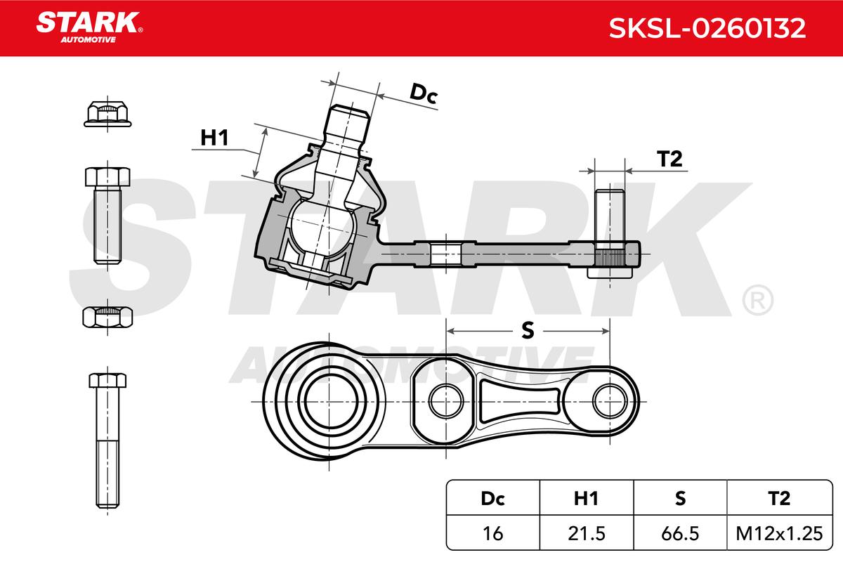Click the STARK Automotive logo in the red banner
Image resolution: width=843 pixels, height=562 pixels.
(89, 27)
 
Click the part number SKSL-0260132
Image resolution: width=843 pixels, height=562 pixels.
(707, 28)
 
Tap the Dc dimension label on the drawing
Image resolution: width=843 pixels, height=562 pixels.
(424, 93)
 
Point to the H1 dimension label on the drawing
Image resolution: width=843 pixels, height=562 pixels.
(214, 138)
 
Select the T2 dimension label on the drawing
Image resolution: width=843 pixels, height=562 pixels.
(669, 159)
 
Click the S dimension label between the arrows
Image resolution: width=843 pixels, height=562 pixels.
(528, 330)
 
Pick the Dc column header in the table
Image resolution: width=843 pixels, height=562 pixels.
(492, 498)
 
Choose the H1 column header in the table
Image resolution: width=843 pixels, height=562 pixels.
(586, 498)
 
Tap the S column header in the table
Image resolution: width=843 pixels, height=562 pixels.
(680, 498)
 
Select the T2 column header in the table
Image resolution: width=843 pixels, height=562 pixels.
(778, 498)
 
